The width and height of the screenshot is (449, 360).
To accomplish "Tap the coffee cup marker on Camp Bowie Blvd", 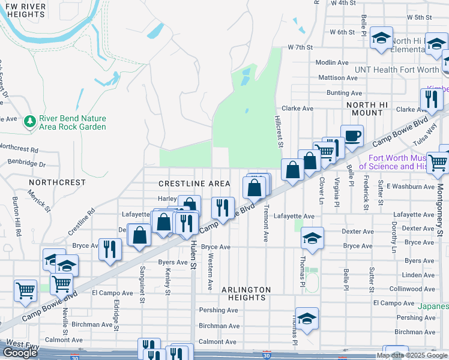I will pyautogui.click(x=352, y=136).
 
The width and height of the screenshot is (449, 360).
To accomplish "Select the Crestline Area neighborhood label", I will pyautogui.click(x=194, y=183).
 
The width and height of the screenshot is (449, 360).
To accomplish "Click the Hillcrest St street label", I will pyautogui.click(x=279, y=131).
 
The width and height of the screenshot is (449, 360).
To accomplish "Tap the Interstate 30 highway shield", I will pyautogui.click(x=265, y=355).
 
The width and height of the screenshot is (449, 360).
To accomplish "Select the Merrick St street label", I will pyautogui.click(x=37, y=200).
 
